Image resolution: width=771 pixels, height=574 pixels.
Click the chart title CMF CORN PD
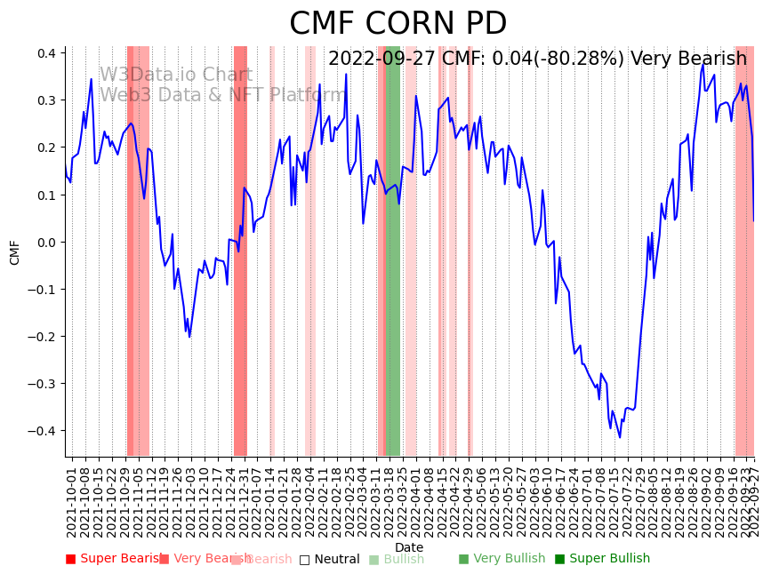(398, 24)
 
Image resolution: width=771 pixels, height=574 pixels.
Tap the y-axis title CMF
(15, 252)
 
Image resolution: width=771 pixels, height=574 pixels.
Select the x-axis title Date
(409, 547)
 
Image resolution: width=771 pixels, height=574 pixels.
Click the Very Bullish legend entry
(502, 559)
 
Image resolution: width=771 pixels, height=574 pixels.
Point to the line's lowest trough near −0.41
(621, 436)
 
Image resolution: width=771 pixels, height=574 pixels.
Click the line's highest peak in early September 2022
(703, 63)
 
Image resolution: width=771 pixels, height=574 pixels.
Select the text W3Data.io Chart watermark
(175, 75)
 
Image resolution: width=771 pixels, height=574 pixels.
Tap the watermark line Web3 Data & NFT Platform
(222, 95)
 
